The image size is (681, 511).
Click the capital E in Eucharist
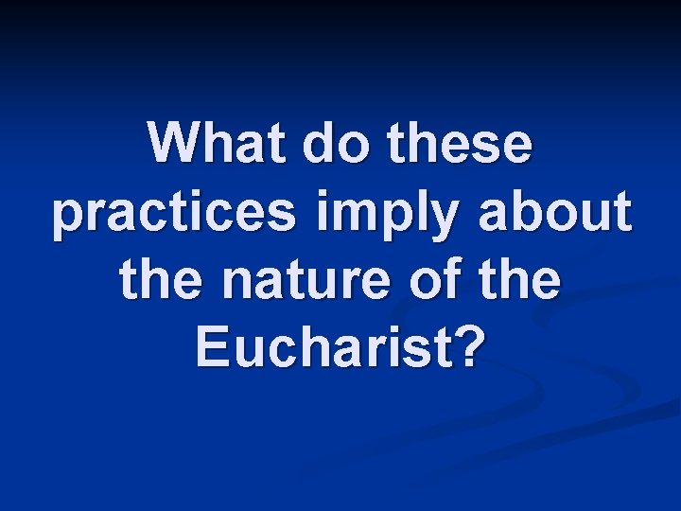coord(210,349)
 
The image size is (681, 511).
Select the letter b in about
coord(532,213)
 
